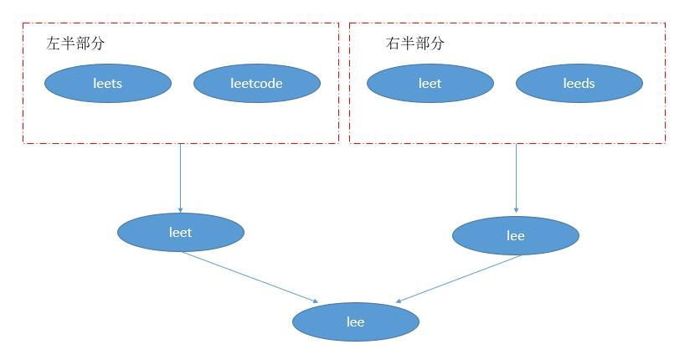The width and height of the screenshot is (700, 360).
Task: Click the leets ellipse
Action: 108,83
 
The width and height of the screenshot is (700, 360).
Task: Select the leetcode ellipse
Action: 256,83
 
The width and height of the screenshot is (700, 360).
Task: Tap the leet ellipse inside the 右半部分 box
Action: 430,83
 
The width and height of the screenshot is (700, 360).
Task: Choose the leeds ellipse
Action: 579,83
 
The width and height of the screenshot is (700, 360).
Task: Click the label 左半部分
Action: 75,43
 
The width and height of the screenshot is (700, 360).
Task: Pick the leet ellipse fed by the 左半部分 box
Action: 180,232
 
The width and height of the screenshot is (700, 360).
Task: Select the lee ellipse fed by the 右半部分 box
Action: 515,235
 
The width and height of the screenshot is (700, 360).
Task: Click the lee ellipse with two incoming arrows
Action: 355,321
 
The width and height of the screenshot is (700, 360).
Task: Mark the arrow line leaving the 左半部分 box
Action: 180,176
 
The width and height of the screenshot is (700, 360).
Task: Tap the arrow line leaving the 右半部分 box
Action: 516,176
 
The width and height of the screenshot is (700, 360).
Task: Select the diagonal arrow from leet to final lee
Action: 251,278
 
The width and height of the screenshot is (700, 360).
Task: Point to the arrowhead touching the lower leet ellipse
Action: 180,210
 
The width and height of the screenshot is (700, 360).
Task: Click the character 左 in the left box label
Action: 53,43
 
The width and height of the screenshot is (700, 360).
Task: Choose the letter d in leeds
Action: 584,83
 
